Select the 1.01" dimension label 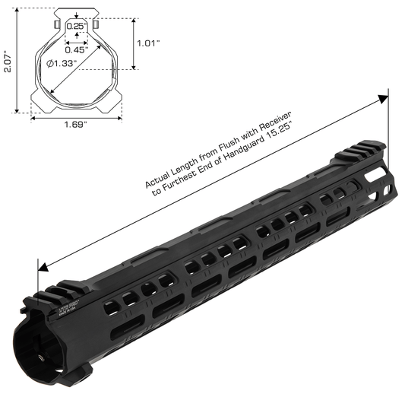[148, 43]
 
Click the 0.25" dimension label [75, 26]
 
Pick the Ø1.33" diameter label [60, 65]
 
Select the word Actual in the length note [157, 182]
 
